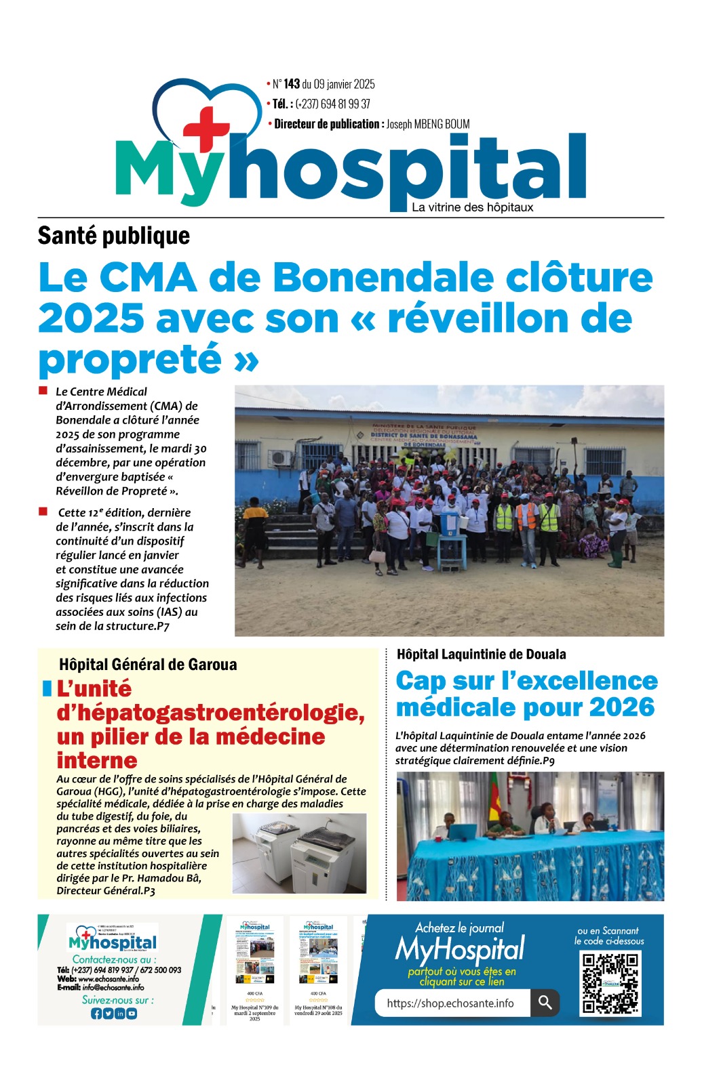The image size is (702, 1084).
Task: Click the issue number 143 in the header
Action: click(x=292, y=84)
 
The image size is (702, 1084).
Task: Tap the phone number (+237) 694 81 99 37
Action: click(x=332, y=104)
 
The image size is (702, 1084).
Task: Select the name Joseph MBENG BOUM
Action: click(x=428, y=124)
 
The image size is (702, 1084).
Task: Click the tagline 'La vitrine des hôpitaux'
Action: click(x=472, y=207)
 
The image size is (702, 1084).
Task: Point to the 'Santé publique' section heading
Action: click(x=113, y=236)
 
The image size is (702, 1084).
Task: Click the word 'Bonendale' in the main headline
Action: click(x=383, y=278)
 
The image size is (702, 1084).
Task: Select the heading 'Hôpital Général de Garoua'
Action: click(x=148, y=665)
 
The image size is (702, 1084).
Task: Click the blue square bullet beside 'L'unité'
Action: click(x=47, y=689)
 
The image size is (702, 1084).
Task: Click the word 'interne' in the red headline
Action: click(x=97, y=760)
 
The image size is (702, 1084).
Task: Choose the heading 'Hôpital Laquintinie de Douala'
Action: click(x=481, y=654)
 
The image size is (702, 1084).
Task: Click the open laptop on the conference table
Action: click(x=463, y=831)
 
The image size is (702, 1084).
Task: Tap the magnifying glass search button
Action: click(x=545, y=1003)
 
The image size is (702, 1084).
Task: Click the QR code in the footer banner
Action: click(x=610, y=982)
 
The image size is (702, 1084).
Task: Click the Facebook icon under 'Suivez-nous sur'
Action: click(x=96, y=1014)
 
